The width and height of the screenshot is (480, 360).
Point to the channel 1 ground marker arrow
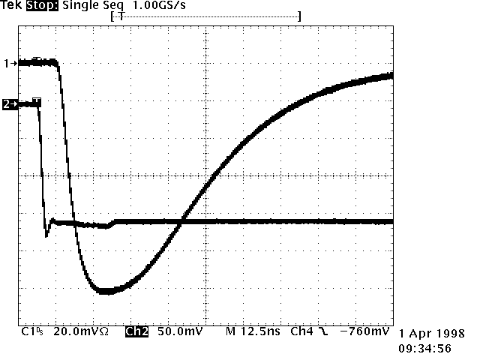pos(10,64)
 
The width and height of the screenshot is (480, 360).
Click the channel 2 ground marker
pos(10,104)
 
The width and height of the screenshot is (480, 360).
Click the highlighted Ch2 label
pos(136,331)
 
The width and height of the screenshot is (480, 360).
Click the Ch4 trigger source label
pos(302,331)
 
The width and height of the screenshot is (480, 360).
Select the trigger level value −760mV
pos(364,331)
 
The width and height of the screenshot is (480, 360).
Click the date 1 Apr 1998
pos(433,333)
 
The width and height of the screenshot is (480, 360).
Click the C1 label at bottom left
pos(30,331)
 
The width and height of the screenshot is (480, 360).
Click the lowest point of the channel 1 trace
pos(106,291)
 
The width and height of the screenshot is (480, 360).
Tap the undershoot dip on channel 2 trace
pos(47,235)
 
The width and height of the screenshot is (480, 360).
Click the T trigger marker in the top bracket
pos(122,15)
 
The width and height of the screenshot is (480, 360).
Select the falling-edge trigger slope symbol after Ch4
pos(323,331)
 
